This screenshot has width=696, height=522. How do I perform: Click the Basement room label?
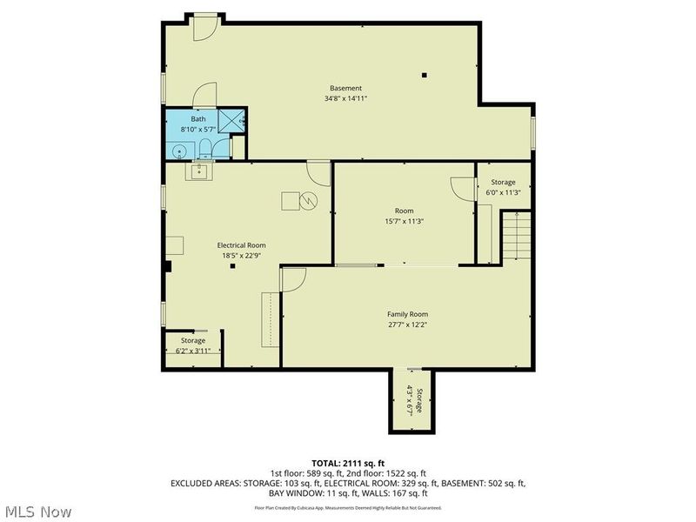pos(345,88)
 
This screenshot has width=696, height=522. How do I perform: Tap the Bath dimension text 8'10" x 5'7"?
pos(198,129)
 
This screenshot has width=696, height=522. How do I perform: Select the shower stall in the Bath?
pos(231,122)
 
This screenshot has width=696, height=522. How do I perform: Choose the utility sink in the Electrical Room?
pos(199,171)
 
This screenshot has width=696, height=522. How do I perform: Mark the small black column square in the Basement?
pos(424,76)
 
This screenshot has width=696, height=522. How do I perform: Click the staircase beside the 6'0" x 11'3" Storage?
pos(518,238)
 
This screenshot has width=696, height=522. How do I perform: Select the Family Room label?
pos(407,314)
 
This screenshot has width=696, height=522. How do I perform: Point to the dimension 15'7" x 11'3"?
pos(404,221)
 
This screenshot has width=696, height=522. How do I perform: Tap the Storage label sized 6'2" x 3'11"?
pos(193,340)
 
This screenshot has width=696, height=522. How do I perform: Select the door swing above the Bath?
pos(204,97)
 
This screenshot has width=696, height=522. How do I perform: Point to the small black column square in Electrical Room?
pos(232,267)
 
